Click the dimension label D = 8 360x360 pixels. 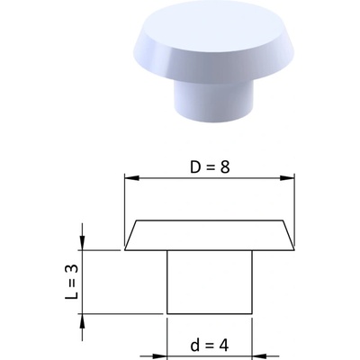210,167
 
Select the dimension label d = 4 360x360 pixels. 210,346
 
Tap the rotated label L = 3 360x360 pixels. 72,282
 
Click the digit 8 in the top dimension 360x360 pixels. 225,167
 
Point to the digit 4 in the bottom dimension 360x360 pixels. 224,346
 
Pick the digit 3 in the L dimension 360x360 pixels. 72,269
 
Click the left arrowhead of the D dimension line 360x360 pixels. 131,178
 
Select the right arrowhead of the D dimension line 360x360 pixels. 287,178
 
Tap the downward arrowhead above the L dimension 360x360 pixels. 82,242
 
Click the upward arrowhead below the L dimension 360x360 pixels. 82,321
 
